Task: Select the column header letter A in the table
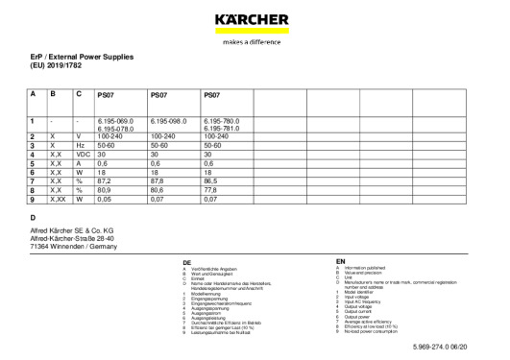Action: pos(33,95)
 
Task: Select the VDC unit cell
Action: pos(83,155)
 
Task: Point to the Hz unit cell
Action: pos(80,146)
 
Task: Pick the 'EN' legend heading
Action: pos(340,260)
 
